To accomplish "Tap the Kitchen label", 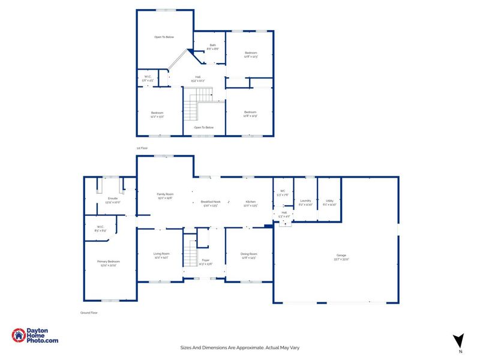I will coord(250,203).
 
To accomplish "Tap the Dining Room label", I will coord(249,256).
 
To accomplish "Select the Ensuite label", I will coord(113,200).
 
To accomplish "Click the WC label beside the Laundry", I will coord(281,193).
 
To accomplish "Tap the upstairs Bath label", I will coord(212,47).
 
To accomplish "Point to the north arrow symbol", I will coord(458,341).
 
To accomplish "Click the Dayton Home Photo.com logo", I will coord(35,336).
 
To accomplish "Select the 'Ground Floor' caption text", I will coord(89,313).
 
